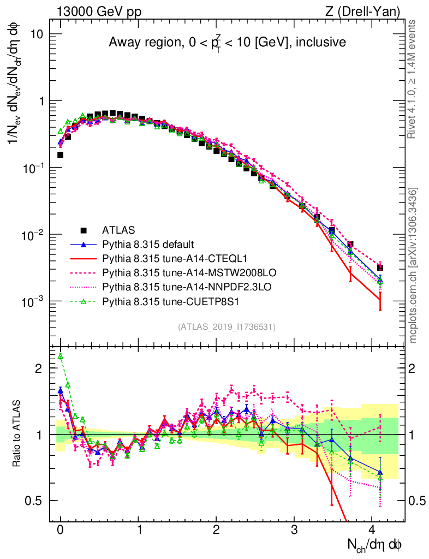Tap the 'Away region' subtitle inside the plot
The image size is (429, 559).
click(x=227, y=42)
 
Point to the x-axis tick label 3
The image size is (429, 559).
click(x=294, y=531)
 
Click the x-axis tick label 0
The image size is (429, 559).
click(x=61, y=531)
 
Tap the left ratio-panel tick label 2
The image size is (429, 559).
click(x=38, y=368)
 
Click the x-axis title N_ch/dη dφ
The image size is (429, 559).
click(x=376, y=545)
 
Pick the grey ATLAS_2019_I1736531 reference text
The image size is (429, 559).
click(x=227, y=327)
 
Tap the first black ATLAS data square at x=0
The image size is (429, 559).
click(x=61, y=155)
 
